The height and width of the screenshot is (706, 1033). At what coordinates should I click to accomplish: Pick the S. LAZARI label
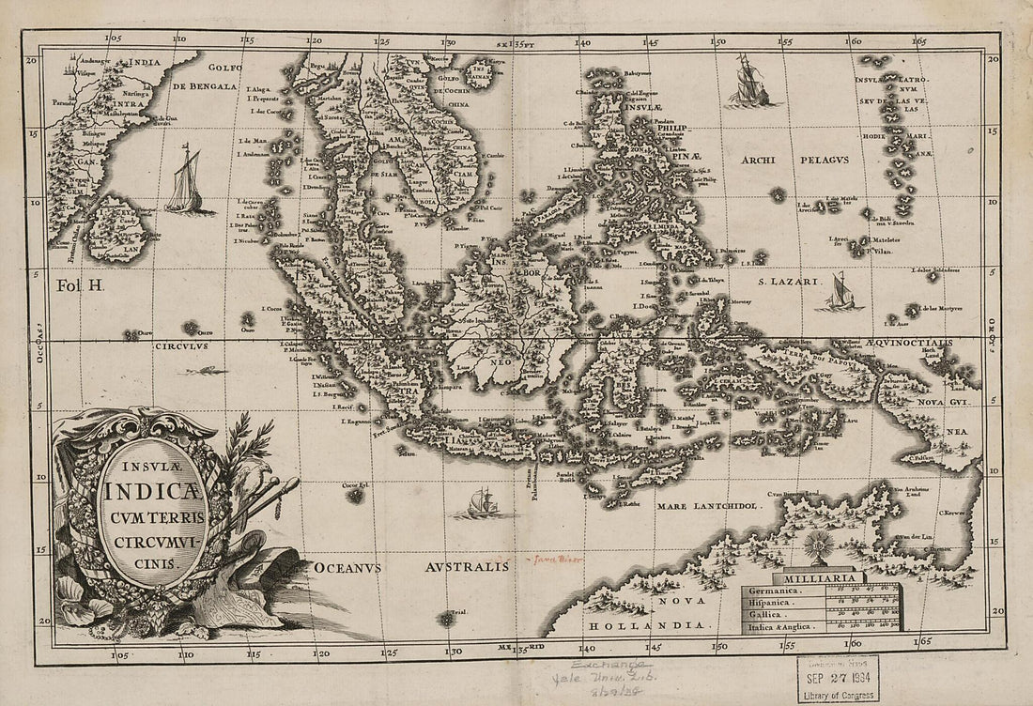(791, 281)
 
